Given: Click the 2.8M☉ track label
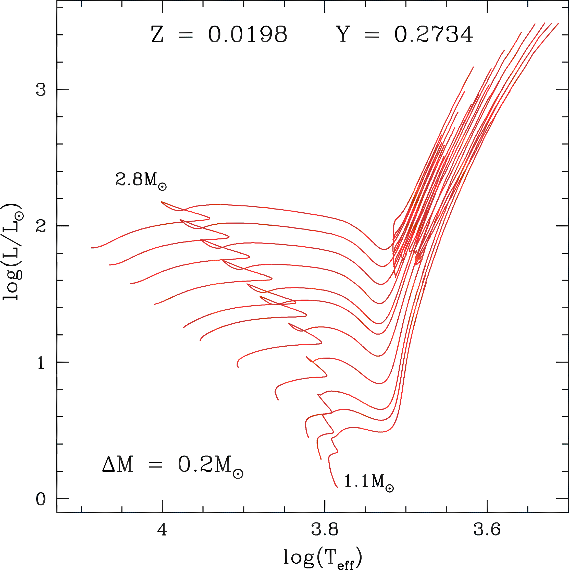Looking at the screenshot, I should (x=141, y=180).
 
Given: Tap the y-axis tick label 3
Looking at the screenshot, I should (x=41, y=89).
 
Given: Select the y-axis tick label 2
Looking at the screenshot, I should (x=41, y=226).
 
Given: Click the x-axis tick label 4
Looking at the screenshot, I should (x=162, y=529).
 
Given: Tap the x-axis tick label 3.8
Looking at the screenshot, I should (x=325, y=529).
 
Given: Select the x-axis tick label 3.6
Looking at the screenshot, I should (x=487, y=529).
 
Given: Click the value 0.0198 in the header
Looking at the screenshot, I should (x=248, y=34).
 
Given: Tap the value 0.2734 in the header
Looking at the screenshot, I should (x=434, y=34).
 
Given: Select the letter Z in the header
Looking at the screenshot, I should (x=157, y=34).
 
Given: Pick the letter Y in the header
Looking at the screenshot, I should (x=343, y=34).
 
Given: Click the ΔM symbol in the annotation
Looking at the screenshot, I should (x=118, y=465).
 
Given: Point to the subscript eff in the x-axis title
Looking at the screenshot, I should (x=345, y=565).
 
